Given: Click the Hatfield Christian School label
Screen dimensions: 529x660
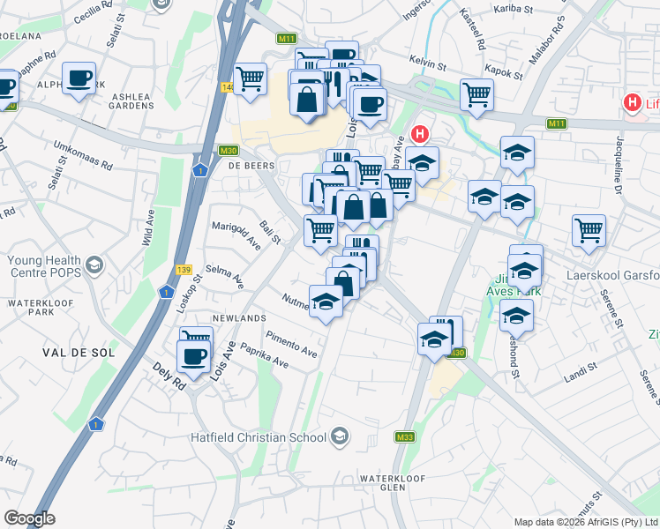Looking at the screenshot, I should point(259,436).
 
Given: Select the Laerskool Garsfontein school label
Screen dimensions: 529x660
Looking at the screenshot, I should point(615,274).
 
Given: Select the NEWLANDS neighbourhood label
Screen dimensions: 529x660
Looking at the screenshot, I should point(239,317).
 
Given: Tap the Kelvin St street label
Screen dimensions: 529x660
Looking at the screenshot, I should point(430,60).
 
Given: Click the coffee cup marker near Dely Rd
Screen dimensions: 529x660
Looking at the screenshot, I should point(194,356).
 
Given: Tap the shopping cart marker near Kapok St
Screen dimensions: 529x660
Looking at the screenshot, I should point(476,93).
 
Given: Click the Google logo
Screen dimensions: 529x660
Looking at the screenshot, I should point(29,518).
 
